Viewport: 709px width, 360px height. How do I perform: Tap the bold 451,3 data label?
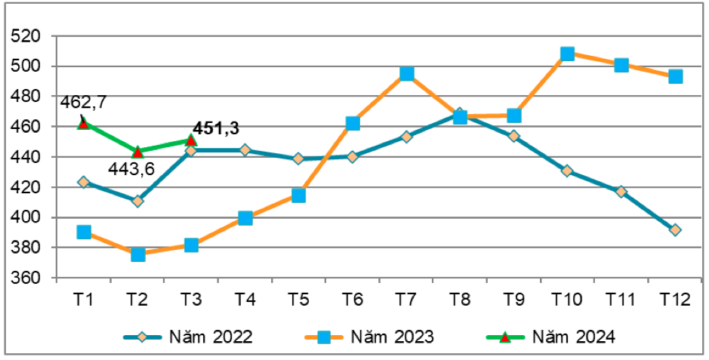(220, 128)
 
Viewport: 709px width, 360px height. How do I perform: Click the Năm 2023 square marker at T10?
(567, 54)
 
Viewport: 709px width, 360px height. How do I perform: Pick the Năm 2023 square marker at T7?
(407, 73)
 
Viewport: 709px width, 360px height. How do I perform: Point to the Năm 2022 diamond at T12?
(675, 229)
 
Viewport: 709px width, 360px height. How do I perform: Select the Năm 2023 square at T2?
(138, 254)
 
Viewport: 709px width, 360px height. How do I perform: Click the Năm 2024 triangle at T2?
(137, 152)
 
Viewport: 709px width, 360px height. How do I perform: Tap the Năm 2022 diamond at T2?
(137, 201)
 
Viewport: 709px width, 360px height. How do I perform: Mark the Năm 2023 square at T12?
(675, 76)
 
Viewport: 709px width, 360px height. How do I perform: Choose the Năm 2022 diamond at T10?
(567, 171)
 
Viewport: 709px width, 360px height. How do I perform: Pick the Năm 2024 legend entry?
(559, 337)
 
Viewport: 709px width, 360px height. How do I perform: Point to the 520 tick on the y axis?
(29, 36)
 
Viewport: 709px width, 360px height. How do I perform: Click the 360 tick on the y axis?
(29, 278)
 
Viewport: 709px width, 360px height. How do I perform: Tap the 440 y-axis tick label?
(29, 158)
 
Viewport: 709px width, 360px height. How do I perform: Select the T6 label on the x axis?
(353, 299)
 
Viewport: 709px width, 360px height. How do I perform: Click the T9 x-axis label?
(513, 299)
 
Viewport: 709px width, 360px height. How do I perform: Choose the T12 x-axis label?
(675, 299)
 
